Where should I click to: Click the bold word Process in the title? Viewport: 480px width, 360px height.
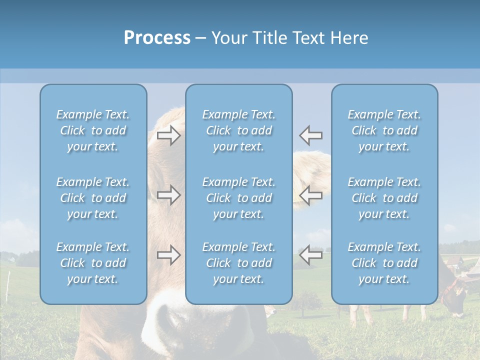point(157,38)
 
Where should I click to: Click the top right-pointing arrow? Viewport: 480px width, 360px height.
point(168,135)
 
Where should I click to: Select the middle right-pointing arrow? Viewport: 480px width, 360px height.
point(168,195)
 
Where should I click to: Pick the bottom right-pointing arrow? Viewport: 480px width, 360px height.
point(168,255)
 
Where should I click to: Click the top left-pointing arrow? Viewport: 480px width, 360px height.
point(310,135)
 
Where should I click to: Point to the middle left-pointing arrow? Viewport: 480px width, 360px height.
point(310,195)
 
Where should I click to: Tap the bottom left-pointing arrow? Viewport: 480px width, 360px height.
point(310,255)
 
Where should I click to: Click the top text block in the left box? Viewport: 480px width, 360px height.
point(93,130)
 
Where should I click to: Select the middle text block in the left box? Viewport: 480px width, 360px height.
point(93,198)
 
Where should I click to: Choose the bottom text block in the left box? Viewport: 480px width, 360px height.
point(93,263)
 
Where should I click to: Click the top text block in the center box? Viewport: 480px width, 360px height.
point(238,130)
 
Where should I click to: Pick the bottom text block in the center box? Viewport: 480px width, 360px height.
point(238,263)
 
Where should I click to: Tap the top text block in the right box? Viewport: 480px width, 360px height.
point(384,130)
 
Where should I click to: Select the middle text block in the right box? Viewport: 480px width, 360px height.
point(384,198)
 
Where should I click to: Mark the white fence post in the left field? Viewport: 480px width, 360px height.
point(8,282)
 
